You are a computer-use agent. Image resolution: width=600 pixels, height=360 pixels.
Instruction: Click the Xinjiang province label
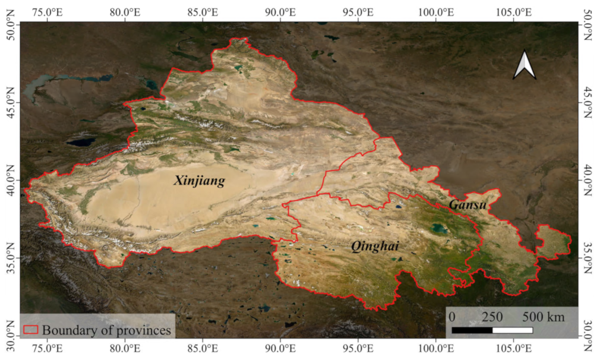pos(199,181)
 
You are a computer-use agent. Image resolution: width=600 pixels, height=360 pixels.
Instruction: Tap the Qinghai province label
pos(374,246)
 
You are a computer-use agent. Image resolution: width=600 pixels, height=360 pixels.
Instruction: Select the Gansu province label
pos(468,204)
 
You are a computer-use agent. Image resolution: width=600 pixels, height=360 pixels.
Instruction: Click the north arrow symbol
pos(525,65)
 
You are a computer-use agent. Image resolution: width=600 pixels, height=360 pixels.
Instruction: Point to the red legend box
pos(30,330)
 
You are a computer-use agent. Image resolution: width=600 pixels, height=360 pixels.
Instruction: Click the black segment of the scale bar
pos(472,329)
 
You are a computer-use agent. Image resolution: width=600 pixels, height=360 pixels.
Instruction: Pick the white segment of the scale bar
pos(512,329)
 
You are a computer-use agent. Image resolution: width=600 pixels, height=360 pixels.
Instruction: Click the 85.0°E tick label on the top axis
pos(203,11)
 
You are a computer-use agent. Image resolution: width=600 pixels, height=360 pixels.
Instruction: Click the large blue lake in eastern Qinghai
pos(440,229)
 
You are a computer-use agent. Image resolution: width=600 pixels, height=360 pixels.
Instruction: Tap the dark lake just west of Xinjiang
pos(80,143)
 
